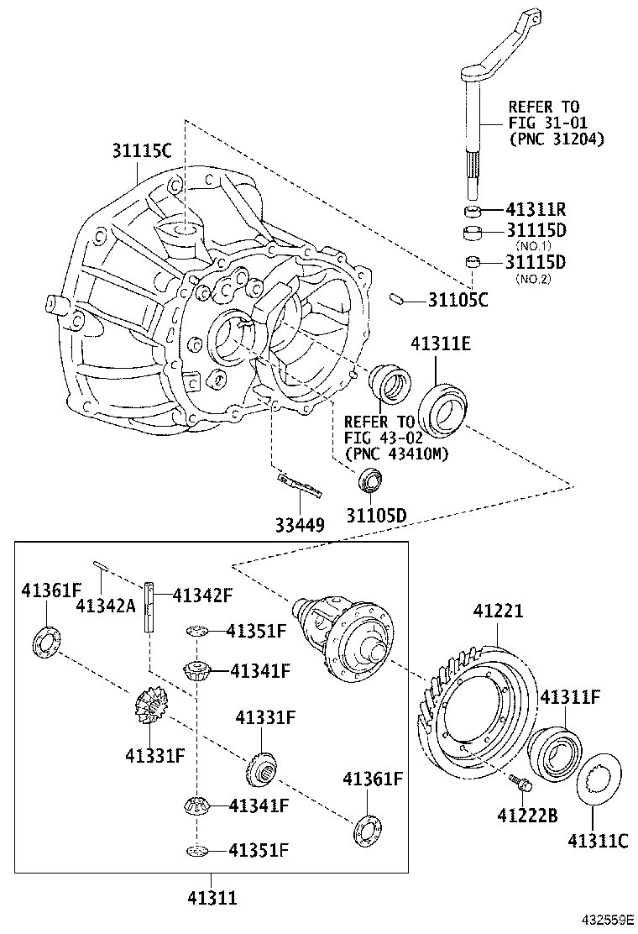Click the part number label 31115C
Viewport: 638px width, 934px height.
click(142, 151)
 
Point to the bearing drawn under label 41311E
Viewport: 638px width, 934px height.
click(444, 407)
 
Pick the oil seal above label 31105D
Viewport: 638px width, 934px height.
click(369, 481)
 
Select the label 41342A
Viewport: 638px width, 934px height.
click(105, 603)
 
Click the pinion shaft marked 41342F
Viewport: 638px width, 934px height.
click(150, 606)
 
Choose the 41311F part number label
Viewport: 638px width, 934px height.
click(570, 696)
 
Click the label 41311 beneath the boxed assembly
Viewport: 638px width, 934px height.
click(212, 898)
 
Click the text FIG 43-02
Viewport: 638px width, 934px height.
click(379, 438)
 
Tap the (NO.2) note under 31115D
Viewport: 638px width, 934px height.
click(532, 279)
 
